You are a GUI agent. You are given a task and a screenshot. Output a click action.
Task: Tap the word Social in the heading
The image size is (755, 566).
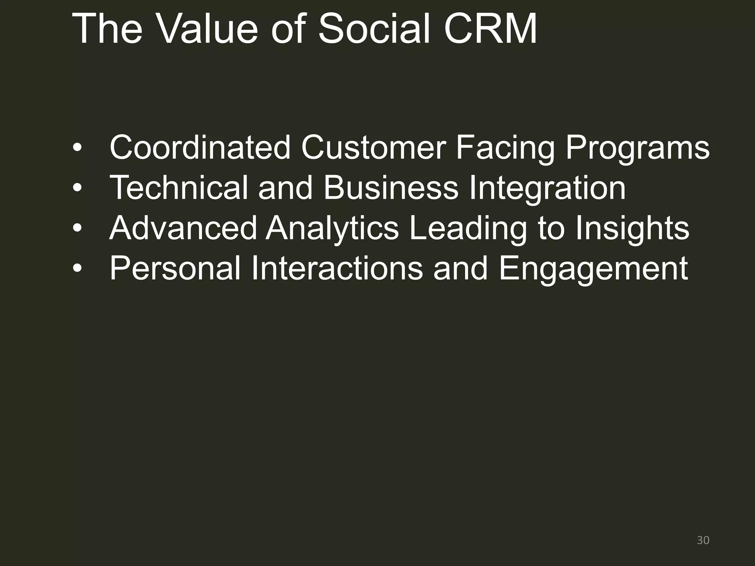click(x=375, y=29)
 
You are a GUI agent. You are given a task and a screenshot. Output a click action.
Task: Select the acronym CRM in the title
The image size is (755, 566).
click(x=490, y=29)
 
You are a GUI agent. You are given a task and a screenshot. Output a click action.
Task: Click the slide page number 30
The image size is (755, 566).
click(x=703, y=540)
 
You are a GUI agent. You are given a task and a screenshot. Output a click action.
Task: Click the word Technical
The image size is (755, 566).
click(x=179, y=188)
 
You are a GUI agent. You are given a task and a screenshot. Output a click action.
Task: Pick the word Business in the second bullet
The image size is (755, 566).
click(x=391, y=188)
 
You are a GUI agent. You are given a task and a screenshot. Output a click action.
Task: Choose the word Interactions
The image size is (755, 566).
click(x=337, y=268)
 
